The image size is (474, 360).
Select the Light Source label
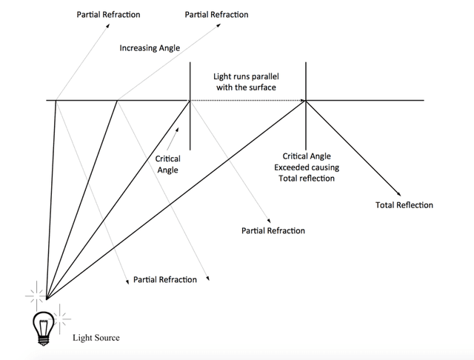coord(96,338)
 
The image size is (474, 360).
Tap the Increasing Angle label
coord(150,49)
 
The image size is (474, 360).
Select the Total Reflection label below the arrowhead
coord(404,205)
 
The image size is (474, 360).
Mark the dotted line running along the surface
coord(248,100)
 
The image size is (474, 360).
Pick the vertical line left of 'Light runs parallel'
coord(190,104)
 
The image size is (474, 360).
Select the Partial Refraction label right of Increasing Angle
coord(217,14)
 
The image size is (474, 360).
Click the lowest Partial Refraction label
coord(165,280)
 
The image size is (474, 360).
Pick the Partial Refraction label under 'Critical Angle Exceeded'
coord(273,231)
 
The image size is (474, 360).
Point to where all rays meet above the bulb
coord(47,299)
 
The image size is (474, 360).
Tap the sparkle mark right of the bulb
coord(62,316)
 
